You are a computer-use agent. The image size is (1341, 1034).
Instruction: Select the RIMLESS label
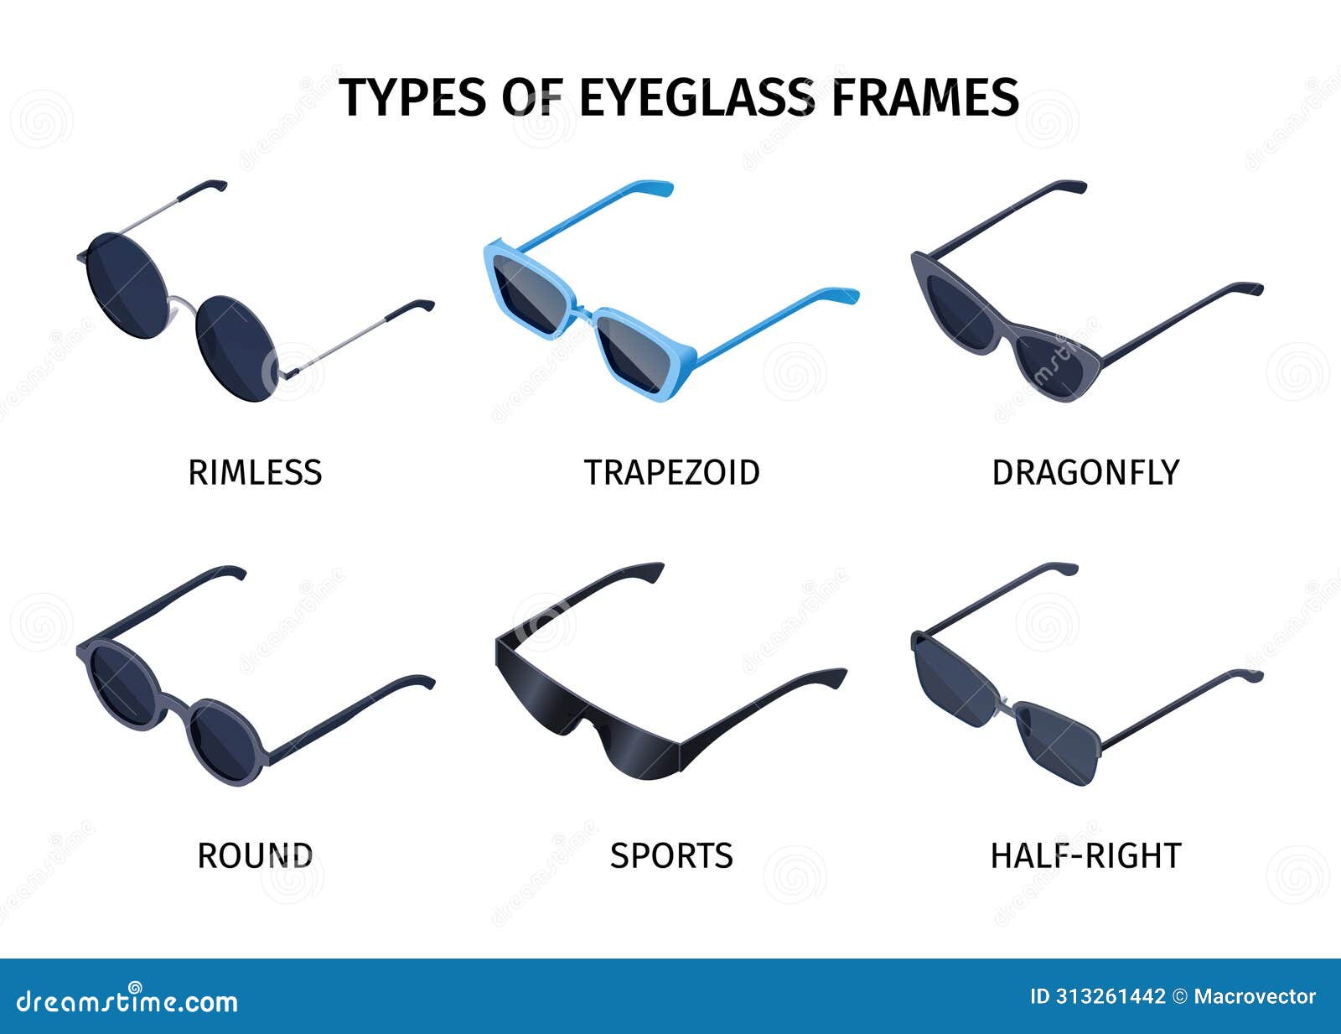pyautogui.click(x=255, y=473)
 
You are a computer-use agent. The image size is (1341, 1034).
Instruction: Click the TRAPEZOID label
pyautogui.click(x=671, y=473)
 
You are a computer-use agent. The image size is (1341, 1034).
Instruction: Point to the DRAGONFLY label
pyautogui.click(x=1085, y=473)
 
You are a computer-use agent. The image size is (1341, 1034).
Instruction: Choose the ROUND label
pyautogui.click(x=255, y=856)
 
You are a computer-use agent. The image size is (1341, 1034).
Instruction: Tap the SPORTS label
pyautogui.click(x=671, y=856)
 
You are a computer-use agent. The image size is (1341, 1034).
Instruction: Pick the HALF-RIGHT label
pyautogui.click(x=1085, y=856)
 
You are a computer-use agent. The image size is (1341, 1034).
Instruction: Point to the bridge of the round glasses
pyautogui.click(x=176, y=700)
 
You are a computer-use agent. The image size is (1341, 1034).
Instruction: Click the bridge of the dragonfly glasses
pyautogui.click(x=1006, y=327)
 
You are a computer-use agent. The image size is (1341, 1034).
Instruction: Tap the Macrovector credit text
pyautogui.click(x=1255, y=996)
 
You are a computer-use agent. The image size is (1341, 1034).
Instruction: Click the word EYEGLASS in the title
pyautogui.click(x=696, y=97)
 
